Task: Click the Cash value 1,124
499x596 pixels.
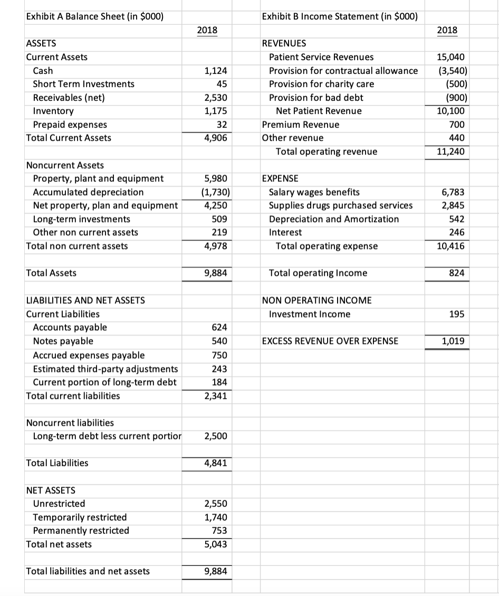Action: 216,70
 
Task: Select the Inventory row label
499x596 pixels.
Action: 53,111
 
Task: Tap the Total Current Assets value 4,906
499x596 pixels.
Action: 216,138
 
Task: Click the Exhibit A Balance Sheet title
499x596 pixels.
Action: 94,16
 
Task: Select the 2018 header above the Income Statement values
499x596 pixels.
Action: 447,30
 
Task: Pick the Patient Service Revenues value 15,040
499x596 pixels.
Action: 453,57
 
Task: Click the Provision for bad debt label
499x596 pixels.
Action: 316,98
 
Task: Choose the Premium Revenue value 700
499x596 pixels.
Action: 457,125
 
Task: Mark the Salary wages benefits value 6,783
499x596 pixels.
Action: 455,192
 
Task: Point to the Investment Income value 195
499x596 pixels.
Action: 457,314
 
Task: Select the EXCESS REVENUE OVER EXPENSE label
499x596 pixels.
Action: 330,341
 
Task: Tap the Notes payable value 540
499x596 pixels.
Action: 219,341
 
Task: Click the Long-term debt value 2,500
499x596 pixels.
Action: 216,436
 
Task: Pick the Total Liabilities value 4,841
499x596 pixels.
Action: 216,463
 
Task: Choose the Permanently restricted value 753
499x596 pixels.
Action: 219,530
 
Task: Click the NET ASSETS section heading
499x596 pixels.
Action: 51,490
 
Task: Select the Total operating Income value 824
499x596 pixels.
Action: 457,273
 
